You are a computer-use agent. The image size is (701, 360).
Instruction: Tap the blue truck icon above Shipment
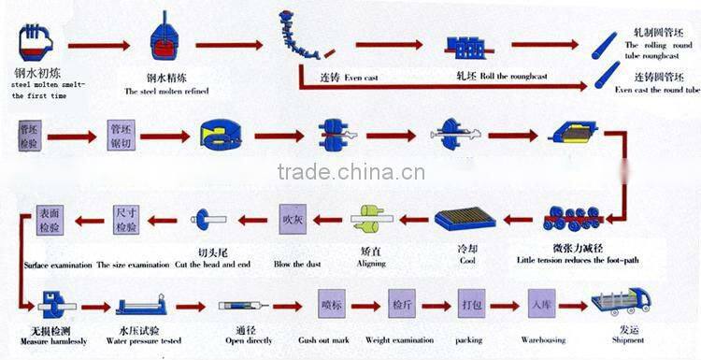click(621, 301)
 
